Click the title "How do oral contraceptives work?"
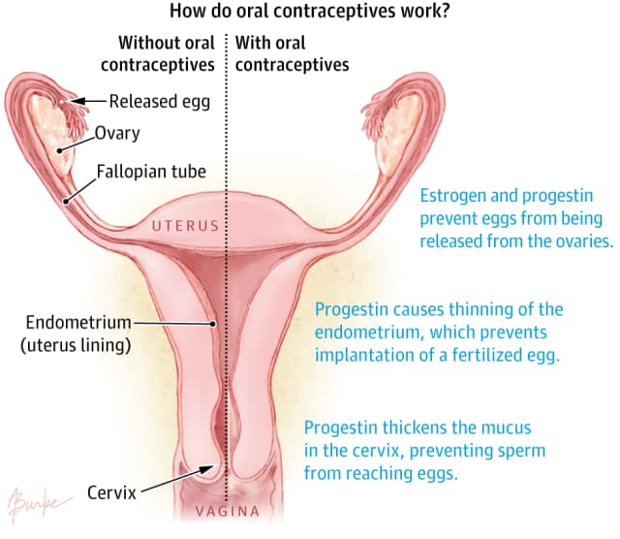click(310, 11)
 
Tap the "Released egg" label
click(159, 102)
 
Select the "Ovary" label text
click(117, 134)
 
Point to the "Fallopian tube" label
click(151, 172)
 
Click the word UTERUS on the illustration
click(185, 226)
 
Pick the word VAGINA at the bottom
click(228, 511)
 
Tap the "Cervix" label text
click(111, 492)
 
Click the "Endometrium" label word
click(78, 322)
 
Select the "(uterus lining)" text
click(76, 345)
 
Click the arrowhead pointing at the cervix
click(206, 469)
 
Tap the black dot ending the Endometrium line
click(212, 324)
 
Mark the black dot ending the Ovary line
click(59, 151)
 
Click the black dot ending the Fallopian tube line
click(66, 202)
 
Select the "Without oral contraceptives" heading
click(158, 54)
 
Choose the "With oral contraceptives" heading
click(292, 54)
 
